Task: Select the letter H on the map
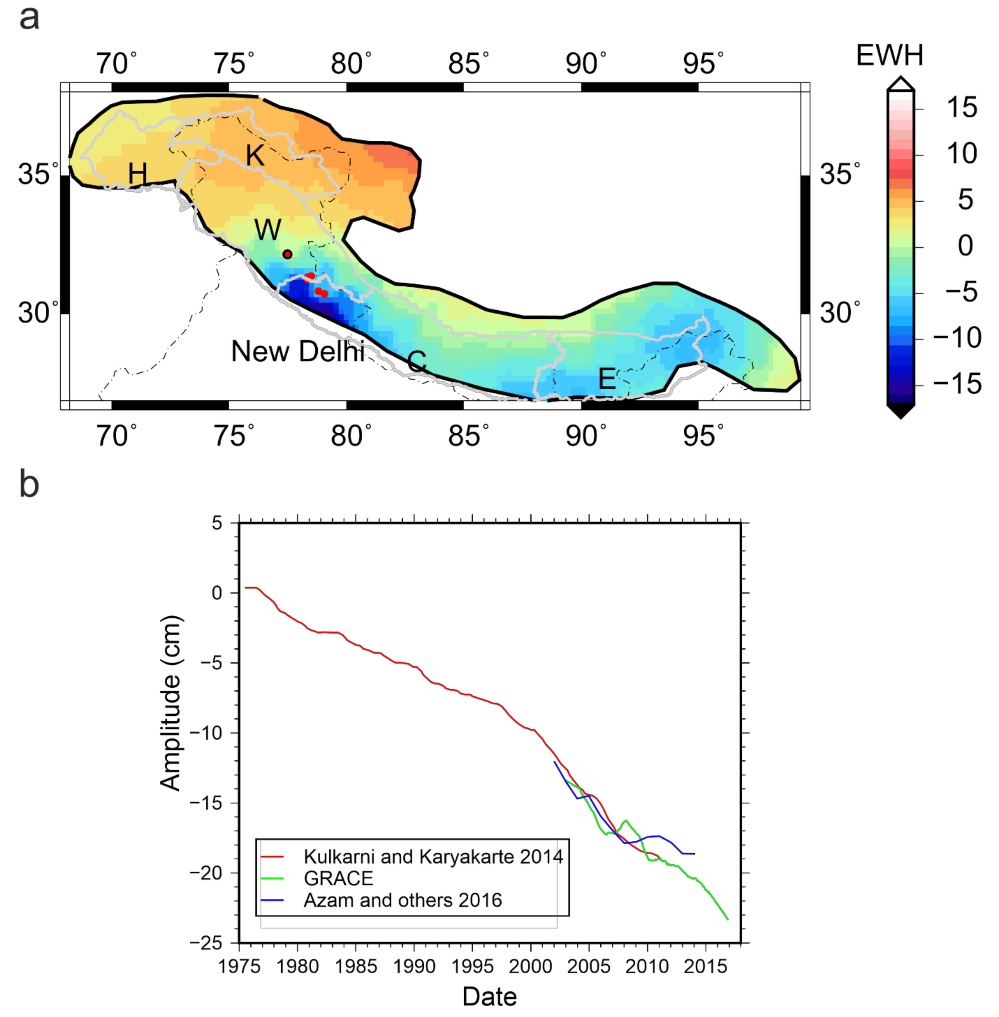137,173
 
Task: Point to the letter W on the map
268,229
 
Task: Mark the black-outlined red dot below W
287,254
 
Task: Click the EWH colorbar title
889,55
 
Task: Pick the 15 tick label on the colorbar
961,108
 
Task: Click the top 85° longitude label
468,64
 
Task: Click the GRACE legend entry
338,879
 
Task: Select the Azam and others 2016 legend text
402,901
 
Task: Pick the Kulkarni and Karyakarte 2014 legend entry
433,857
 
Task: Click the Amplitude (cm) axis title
170,704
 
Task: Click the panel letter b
29,484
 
